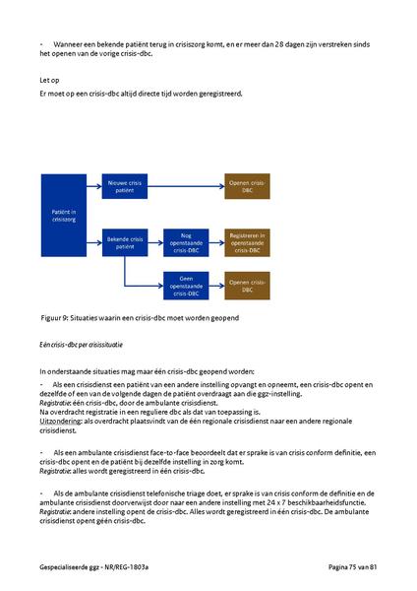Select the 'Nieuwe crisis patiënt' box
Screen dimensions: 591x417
125,188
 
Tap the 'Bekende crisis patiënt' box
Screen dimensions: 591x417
125,241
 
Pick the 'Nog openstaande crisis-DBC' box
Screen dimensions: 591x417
185,241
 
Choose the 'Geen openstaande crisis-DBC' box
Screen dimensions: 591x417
185,286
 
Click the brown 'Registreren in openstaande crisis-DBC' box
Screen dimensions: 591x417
245,241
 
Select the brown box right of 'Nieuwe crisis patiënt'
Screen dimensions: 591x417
245,188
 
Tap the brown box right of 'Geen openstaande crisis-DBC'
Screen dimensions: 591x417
245,286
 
